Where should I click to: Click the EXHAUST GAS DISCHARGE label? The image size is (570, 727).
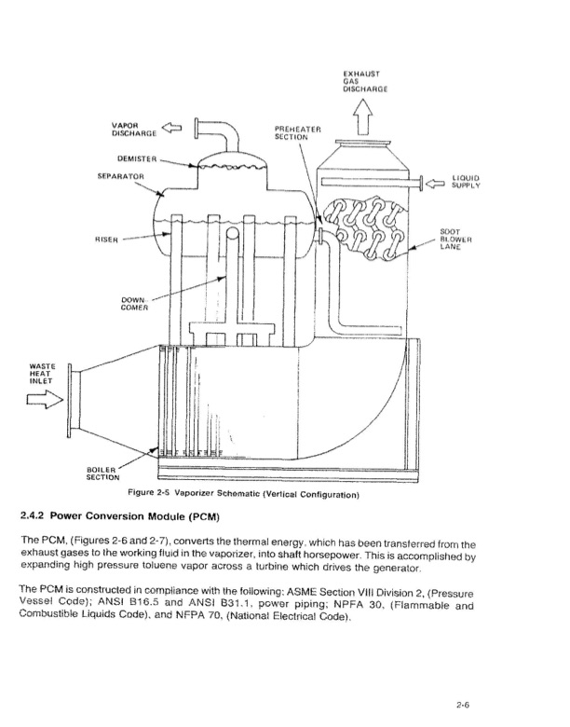tap(365, 81)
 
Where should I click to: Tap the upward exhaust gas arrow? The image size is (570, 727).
tap(362, 117)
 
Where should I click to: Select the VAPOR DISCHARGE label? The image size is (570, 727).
tap(134, 130)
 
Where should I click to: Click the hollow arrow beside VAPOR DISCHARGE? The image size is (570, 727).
tap(171, 127)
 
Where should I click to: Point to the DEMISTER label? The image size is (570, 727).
tap(137, 159)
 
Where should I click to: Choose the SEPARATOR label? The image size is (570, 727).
tap(120, 177)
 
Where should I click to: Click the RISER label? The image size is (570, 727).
tap(106, 240)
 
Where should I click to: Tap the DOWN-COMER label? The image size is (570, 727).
tap(134, 304)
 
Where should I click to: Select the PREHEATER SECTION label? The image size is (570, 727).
tap(297, 133)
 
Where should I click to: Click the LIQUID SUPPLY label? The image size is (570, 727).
tap(466, 182)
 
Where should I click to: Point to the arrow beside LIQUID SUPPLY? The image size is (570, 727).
tap(435, 184)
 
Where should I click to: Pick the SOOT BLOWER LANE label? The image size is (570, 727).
tap(455, 240)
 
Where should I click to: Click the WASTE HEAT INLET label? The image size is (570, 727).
tap(41, 374)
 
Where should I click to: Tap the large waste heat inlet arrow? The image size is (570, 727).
tap(45, 399)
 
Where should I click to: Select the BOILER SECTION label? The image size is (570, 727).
tap(102, 473)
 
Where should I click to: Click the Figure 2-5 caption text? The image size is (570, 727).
tap(243, 494)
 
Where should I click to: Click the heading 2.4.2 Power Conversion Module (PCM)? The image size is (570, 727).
tap(120, 516)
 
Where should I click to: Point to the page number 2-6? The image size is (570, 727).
tap(463, 706)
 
